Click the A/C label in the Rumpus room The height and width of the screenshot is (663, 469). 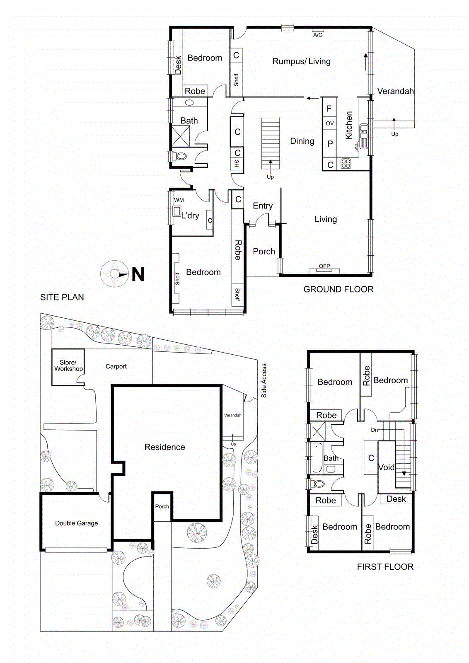click(317, 35)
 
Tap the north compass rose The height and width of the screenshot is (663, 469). click(114, 274)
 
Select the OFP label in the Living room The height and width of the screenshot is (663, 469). click(324, 266)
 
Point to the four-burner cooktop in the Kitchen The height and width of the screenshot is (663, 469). click(346, 164)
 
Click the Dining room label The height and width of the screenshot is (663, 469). click(302, 141)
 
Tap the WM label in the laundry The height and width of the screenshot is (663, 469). click(179, 200)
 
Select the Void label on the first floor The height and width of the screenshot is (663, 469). click(386, 467)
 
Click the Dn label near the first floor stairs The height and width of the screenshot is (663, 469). click(374, 430)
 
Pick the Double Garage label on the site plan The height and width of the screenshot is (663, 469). click(77, 523)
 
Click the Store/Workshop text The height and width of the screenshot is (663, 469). click(68, 365)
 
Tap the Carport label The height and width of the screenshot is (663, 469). click(116, 366)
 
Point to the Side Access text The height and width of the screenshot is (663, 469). click(264, 380)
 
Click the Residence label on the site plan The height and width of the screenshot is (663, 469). click(164, 447)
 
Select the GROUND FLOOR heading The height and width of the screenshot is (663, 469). click(338, 289)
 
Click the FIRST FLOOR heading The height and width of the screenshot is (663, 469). click(385, 566)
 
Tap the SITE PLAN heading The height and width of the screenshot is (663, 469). click(62, 297)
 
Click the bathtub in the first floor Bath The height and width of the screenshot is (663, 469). click(317, 458)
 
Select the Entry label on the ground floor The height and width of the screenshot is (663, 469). click(263, 206)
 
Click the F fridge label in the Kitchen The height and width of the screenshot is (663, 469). click(329, 109)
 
